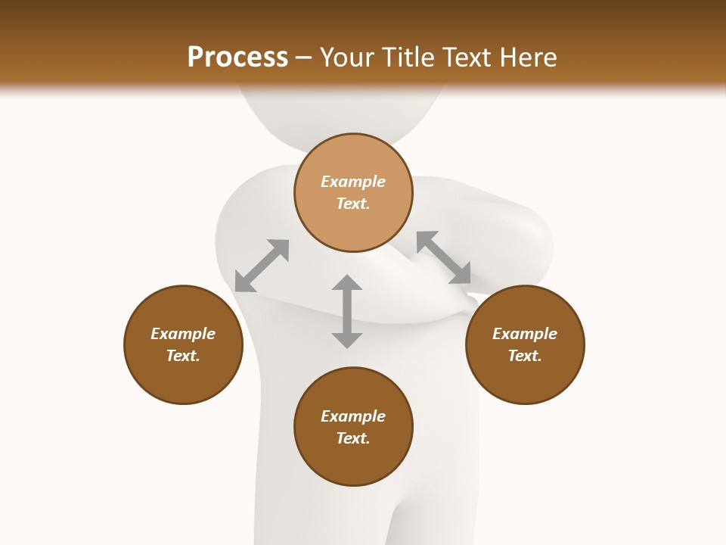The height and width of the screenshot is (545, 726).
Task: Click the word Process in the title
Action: tap(237, 57)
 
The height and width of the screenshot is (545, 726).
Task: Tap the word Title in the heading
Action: tap(409, 57)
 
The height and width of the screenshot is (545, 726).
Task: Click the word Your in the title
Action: tap(349, 57)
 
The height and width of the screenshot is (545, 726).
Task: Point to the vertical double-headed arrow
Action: tap(347, 311)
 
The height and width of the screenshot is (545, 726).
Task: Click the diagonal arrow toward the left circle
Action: tap(262, 266)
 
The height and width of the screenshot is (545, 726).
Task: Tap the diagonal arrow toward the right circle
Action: tap(444, 257)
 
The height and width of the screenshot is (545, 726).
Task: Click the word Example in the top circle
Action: tap(353, 182)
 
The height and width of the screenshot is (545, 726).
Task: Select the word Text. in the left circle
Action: tap(183, 356)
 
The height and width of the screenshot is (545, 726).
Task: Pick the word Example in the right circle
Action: tap(525, 334)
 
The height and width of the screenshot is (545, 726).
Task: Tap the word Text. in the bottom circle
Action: tap(353, 438)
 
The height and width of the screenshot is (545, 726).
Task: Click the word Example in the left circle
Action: tap(183, 334)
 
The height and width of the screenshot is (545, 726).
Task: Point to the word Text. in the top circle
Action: tap(353, 204)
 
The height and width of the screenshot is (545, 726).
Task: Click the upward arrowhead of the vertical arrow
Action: tap(347, 283)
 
